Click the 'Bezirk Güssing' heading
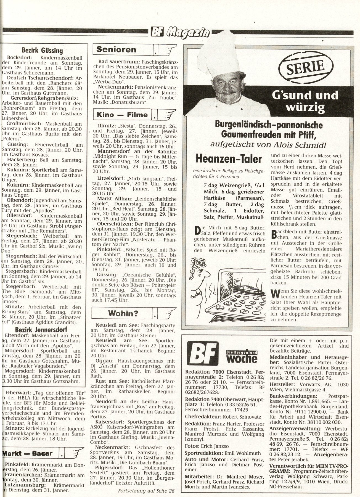point(42,51)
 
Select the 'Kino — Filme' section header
point(123,115)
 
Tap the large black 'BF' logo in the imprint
point(202,354)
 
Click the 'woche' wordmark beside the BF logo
point(242,358)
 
